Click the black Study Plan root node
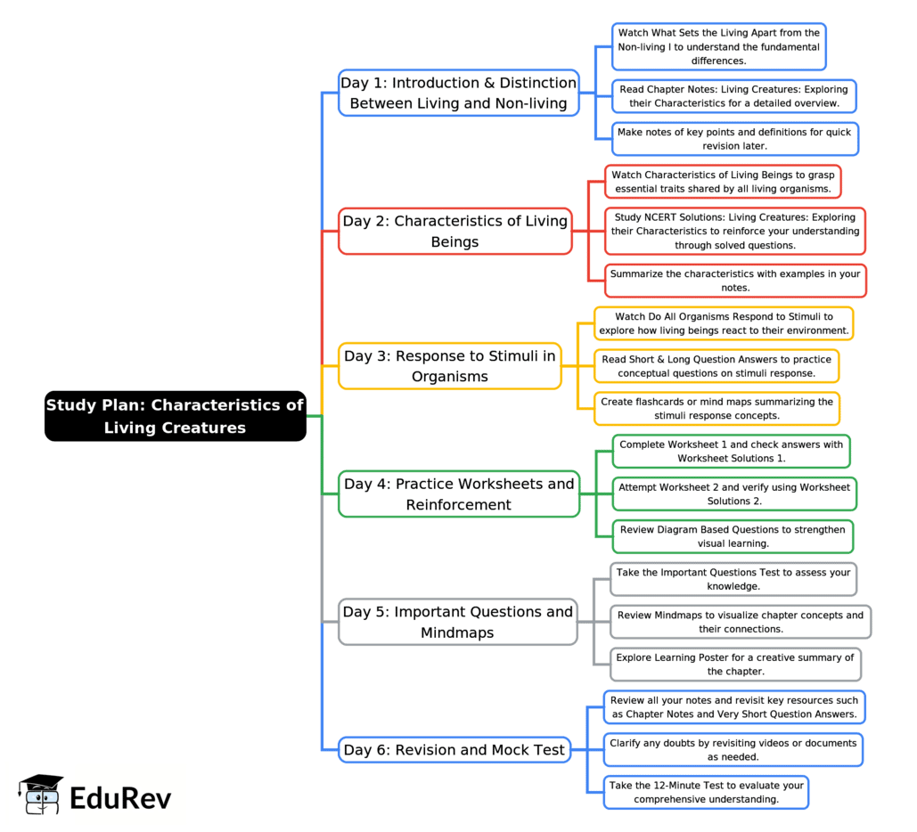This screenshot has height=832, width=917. pos(175,416)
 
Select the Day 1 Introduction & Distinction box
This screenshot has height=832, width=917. pos(458,93)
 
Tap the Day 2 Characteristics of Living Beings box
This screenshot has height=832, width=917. pos(454,232)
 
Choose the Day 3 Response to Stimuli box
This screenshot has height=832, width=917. pos(449,366)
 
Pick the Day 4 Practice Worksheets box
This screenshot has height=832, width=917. pos(459,494)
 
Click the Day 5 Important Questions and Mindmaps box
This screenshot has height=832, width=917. pos(457,622)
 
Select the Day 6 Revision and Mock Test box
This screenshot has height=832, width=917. pos(454,750)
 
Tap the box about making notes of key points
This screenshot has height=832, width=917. pos(733,139)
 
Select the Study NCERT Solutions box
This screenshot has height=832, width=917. pos(734,231)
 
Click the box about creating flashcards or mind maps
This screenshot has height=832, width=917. pos(716,408)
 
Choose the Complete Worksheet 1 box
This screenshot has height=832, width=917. pos(731,451)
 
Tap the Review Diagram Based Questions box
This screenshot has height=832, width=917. pos(733,536)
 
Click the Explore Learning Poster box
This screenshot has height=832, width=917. pos(734,665)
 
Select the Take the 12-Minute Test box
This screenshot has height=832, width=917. pos(706,792)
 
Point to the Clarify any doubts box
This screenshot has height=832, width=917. pos(733,749)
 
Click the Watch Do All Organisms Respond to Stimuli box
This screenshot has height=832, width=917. pos(724,323)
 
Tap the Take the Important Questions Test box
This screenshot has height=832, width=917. pos(733,579)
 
